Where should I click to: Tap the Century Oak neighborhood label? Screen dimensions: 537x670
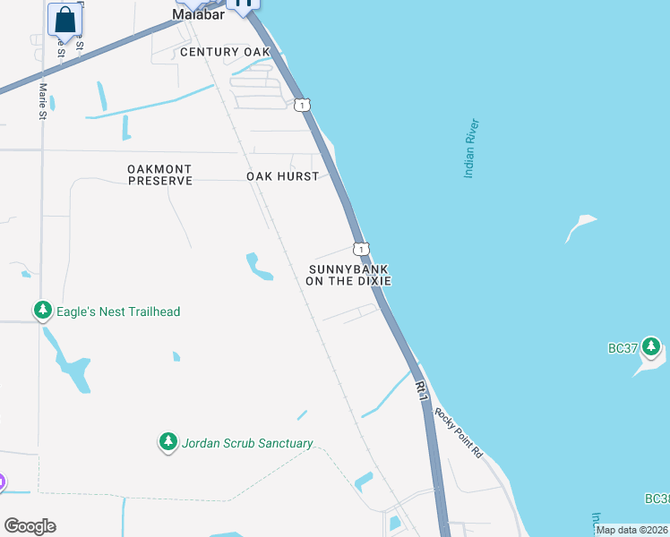pyautogui.click(x=225, y=52)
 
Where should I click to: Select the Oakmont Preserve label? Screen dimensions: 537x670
pyautogui.click(x=160, y=175)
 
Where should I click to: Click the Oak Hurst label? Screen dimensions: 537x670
pyautogui.click(x=282, y=176)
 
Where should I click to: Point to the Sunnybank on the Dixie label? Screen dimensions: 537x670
pyautogui.click(x=349, y=275)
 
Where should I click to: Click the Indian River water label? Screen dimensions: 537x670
pyautogui.click(x=472, y=149)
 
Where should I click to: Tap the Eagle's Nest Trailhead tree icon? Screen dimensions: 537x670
pyautogui.click(x=42, y=311)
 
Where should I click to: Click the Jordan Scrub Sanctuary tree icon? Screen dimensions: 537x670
pyautogui.click(x=167, y=442)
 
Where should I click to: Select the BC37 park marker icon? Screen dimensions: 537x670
pyautogui.click(x=651, y=346)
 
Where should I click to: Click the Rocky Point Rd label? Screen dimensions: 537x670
pyautogui.click(x=458, y=433)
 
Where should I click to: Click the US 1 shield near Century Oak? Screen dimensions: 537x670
pyautogui.click(x=303, y=105)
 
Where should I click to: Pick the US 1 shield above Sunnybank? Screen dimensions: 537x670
pyautogui.click(x=359, y=248)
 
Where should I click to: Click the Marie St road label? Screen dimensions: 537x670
pyautogui.click(x=42, y=99)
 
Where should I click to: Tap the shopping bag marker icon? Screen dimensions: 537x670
pyautogui.click(x=64, y=20)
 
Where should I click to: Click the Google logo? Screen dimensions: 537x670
pyautogui.click(x=30, y=526)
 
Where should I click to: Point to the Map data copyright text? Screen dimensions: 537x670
pyautogui.click(x=632, y=530)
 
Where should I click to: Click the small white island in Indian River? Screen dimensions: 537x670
pyautogui.click(x=580, y=226)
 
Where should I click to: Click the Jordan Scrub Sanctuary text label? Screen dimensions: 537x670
pyautogui.click(x=247, y=443)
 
